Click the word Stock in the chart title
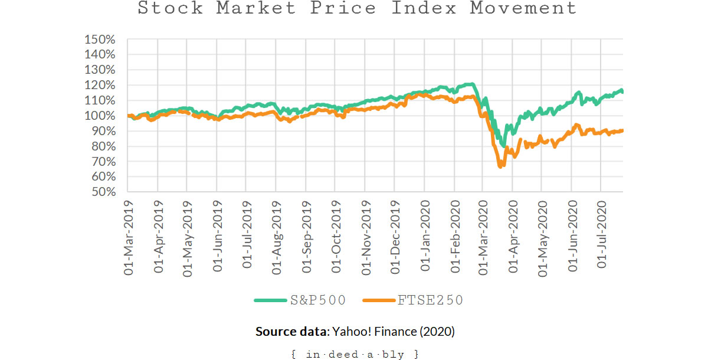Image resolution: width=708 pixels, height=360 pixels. coord(170,8)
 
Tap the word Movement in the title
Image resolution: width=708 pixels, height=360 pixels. coord(523,8)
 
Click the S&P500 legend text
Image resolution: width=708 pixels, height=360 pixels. coord(318,300)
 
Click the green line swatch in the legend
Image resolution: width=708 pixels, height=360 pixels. coord(270,300)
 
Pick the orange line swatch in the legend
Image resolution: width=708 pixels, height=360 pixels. coord(379,300)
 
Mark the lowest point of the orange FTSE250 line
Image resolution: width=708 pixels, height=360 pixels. coord(500,167)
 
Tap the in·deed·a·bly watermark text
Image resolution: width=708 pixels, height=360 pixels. coord(355,354)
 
